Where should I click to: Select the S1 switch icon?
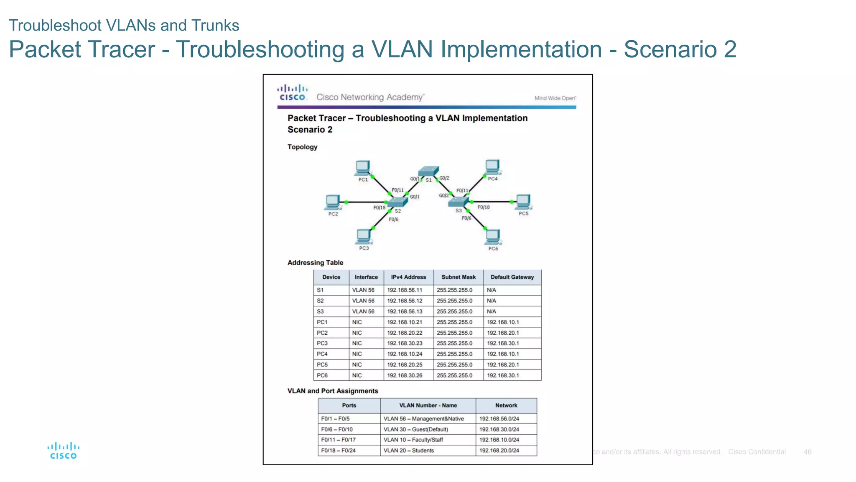(x=429, y=171)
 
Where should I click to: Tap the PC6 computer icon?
(x=493, y=237)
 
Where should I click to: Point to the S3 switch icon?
(x=459, y=202)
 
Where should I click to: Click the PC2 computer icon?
(x=333, y=203)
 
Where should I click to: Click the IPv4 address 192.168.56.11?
(x=405, y=290)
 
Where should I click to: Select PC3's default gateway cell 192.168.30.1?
(x=503, y=343)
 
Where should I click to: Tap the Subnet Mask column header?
(x=459, y=277)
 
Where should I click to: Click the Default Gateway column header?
(x=512, y=277)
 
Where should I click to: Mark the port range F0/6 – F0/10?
(x=337, y=429)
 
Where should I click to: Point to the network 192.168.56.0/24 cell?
(x=499, y=418)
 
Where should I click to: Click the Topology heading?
(x=302, y=147)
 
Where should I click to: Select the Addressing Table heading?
(x=315, y=263)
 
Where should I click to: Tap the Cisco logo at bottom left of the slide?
(x=63, y=451)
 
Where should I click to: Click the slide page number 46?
(x=808, y=452)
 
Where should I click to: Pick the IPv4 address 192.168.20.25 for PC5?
(x=405, y=364)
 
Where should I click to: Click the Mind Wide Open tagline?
(x=555, y=98)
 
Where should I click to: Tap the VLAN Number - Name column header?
(x=428, y=405)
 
